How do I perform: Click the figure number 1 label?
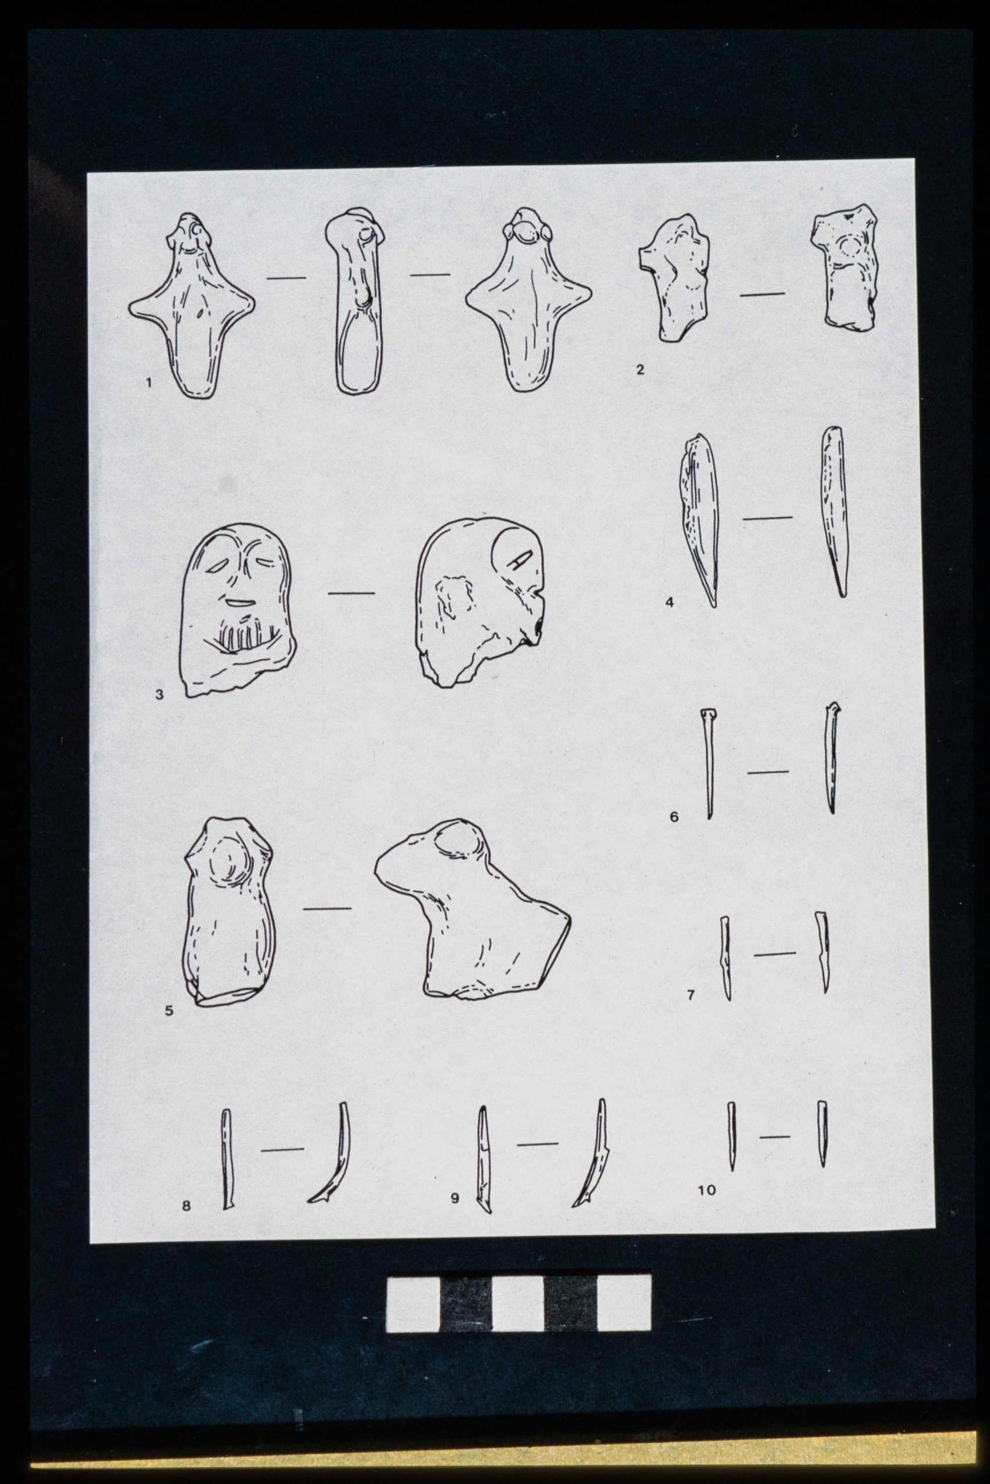(149, 382)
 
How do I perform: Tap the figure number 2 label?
(640, 369)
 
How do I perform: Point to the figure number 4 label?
(670, 602)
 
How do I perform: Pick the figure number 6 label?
(674, 818)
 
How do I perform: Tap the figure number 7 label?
(691, 995)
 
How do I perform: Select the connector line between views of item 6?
(768, 772)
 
